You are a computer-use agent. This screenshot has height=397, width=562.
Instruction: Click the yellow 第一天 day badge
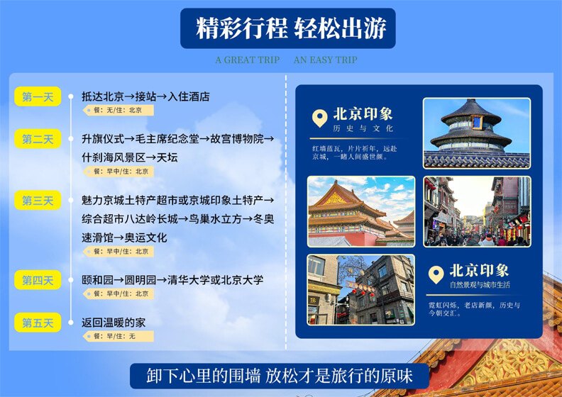pyautogui.click(x=38, y=96)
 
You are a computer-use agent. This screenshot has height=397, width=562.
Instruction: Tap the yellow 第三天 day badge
pyautogui.click(x=38, y=201)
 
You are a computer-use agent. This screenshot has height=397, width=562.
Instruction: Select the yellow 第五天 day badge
pyautogui.click(x=38, y=323)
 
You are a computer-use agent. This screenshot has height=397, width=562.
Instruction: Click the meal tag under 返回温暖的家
pyautogui.click(x=119, y=336)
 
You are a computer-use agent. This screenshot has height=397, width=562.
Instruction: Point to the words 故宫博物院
pyautogui.click(x=237, y=139)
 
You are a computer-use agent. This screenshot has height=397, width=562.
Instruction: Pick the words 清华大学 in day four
pyautogui.click(x=189, y=280)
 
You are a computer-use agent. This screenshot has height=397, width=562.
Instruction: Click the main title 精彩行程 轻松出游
pyautogui.click(x=291, y=28)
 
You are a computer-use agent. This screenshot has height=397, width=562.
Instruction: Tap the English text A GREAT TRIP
pyautogui.click(x=248, y=60)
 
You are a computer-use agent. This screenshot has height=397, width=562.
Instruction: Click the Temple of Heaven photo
pyautogui.click(x=477, y=133)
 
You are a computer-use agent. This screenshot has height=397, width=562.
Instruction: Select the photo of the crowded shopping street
pyautogui.click(x=477, y=211)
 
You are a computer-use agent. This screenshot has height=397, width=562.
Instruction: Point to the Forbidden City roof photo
pyautogui.click(x=361, y=211)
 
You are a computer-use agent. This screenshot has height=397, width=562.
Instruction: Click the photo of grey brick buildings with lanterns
pyautogui.click(x=361, y=290)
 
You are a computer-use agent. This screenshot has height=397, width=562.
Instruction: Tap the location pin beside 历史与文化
pyautogui.click(x=320, y=118)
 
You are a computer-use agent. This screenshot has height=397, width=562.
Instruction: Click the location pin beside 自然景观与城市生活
pyautogui.click(x=436, y=275)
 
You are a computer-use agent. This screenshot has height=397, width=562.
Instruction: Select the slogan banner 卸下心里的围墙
pyautogui.click(x=280, y=376)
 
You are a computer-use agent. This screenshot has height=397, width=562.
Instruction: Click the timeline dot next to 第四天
pyautogui.click(x=71, y=280)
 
